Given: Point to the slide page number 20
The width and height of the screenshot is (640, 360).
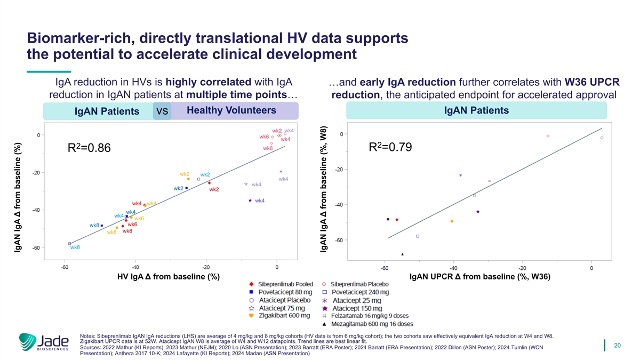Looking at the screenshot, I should [618, 346].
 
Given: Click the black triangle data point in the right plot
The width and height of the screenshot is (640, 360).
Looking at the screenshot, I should [403, 254].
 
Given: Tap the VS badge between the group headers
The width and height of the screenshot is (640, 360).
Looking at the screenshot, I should [162, 112].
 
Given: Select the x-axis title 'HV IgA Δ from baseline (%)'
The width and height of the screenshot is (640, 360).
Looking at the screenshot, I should [169, 277].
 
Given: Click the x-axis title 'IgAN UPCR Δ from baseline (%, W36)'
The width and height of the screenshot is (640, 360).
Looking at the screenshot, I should [479, 277].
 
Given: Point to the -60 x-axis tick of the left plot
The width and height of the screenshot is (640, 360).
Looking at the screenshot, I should [65, 267].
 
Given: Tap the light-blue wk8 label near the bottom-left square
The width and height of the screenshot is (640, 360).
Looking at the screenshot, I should [75, 247].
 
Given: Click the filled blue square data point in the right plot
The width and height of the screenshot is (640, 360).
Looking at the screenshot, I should [388, 219].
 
